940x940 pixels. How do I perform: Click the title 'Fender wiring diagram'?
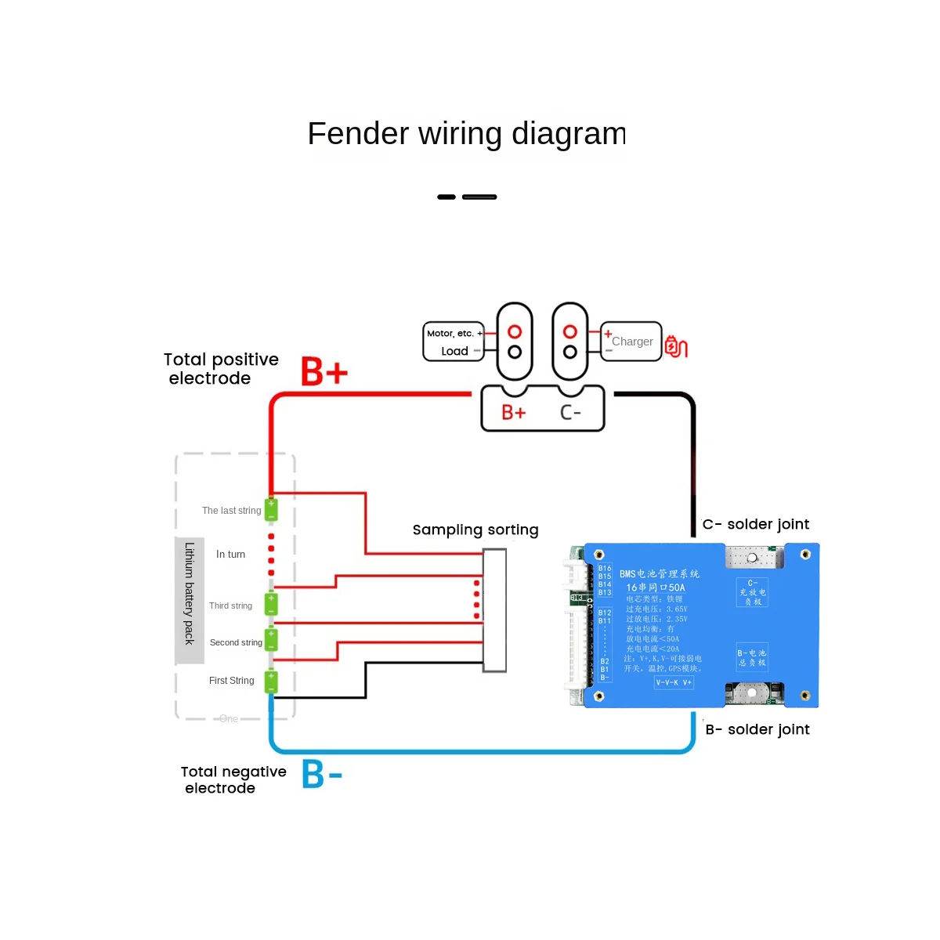pos(467,134)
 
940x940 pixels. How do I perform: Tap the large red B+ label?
pos(324,371)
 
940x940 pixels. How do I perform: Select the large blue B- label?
pos(322,774)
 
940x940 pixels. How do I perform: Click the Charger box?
pos(631,342)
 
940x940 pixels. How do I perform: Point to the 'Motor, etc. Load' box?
pos(454,342)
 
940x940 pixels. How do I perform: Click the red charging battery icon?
pos(675,345)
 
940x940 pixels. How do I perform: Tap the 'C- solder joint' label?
pos(756,524)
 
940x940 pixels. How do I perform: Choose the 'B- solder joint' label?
pos(757,729)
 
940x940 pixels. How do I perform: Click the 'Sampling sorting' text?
pos(475,530)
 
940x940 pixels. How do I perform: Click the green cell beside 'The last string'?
pos(271,510)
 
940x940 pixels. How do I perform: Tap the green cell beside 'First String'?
pos(271,681)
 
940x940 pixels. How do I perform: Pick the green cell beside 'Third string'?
pos(271,604)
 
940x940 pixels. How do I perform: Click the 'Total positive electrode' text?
pos(221,369)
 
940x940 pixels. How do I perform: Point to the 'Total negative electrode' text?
pos(233,779)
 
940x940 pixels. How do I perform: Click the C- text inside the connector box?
pos(571,412)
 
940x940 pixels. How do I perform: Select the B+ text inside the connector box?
pos(514,412)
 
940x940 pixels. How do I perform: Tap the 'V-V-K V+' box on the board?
pos(674,682)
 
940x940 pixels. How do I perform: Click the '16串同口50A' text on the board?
pos(656,587)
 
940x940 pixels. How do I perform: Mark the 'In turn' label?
pos(230,554)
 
